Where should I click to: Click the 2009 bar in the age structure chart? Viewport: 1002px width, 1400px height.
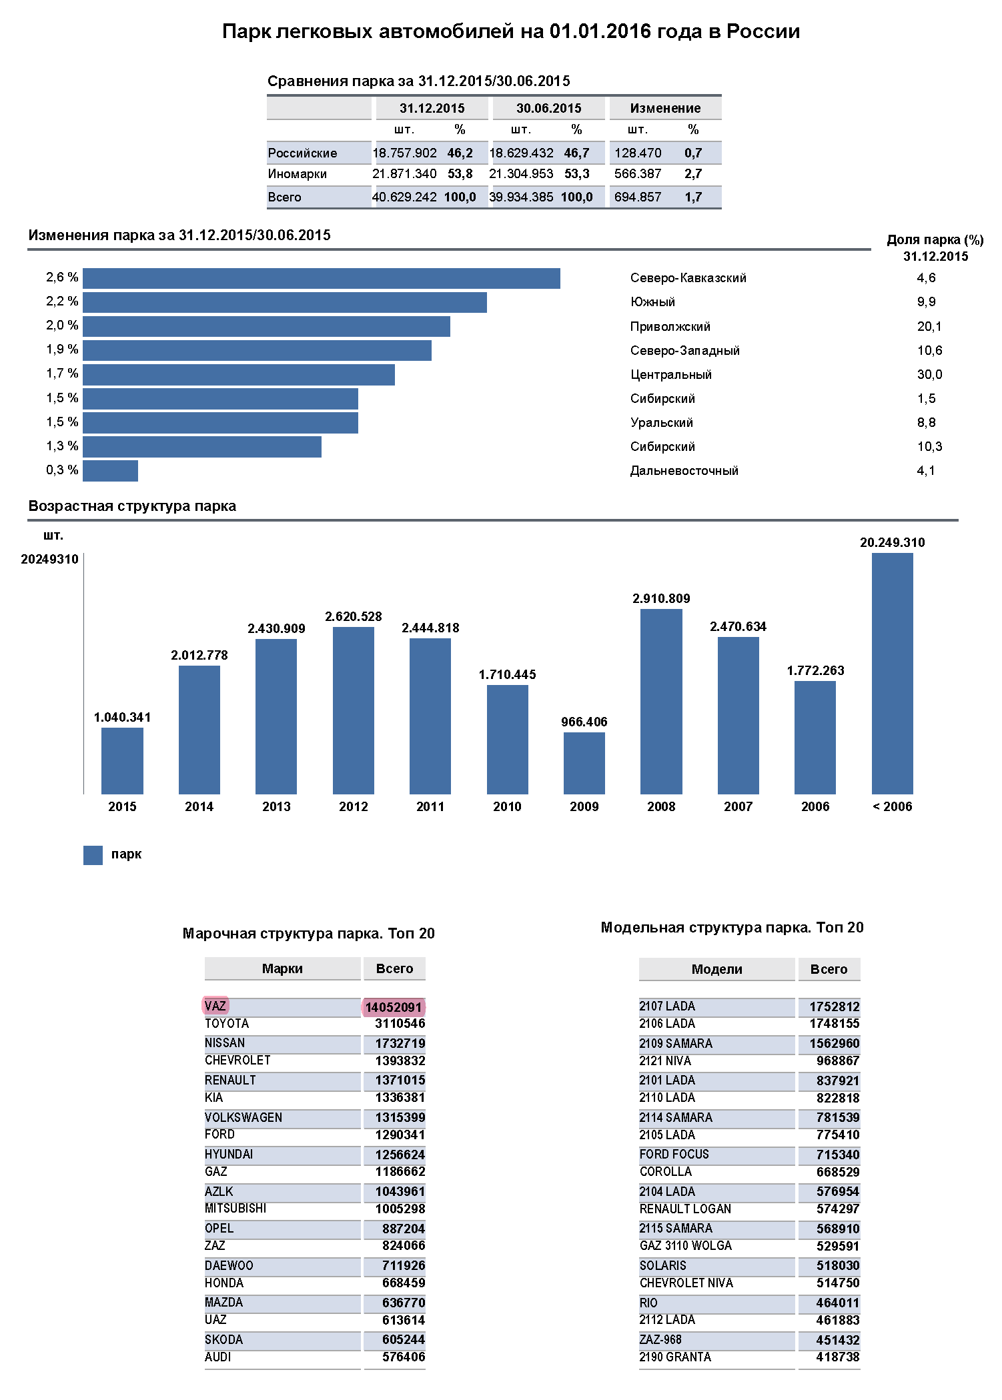[584, 763]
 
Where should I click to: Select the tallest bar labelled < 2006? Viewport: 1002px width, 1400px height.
[892, 674]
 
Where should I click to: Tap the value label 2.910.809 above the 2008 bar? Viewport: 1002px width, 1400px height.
[661, 598]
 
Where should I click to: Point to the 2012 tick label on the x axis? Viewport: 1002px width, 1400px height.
[354, 806]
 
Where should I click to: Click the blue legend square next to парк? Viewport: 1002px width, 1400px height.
[93, 855]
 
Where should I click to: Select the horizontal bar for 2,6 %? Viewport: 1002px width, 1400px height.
[322, 278]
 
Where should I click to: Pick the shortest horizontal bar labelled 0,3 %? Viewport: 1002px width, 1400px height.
[110, 470]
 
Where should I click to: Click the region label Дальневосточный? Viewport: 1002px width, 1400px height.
[684, 471]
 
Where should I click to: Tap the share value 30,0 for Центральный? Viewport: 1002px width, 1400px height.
[929, 375]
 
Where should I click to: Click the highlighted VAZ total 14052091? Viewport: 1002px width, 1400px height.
[394, 1007]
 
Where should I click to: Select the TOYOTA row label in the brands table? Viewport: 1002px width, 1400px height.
[227, 1024]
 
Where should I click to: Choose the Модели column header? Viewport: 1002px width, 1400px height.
[716, 969]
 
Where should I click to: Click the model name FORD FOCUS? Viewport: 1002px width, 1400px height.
[674, 1155]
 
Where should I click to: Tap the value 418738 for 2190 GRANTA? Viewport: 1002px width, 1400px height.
[837, 1357]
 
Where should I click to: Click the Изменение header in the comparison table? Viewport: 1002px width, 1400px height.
[665, 108]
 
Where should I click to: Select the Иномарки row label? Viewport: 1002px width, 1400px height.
[298, 174]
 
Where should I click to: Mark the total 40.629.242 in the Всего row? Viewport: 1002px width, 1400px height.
[404, 197]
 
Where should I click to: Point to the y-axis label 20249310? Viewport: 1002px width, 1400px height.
[49, 559]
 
